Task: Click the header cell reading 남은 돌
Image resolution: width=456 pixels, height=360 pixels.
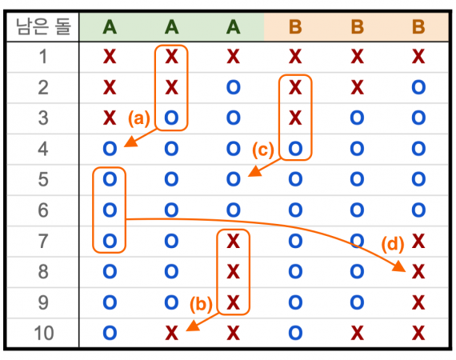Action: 43,26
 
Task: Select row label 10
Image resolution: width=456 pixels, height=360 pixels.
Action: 44,333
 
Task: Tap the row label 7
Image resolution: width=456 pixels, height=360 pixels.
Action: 43,241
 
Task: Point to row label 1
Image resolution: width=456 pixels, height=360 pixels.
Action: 43,57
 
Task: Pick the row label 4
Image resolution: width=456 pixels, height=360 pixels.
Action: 43,149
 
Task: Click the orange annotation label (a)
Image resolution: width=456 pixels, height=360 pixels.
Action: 139,118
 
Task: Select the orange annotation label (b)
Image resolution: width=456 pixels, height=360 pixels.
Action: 201,304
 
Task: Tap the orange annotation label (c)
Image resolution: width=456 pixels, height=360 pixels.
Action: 263,150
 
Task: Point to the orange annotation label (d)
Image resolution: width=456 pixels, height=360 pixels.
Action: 393,244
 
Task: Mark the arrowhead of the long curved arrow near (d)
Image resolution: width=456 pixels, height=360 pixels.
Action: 400,266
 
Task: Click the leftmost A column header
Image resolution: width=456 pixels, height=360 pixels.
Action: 110,27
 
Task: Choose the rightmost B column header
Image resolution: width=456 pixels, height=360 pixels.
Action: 418,27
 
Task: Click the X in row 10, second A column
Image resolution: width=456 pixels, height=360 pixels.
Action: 171,334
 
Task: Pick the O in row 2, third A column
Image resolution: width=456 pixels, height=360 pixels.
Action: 234,87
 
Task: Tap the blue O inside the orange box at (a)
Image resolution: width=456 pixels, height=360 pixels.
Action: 171,118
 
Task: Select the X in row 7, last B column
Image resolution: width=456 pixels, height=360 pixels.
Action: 418,242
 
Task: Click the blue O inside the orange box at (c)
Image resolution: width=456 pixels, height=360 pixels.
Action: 295,149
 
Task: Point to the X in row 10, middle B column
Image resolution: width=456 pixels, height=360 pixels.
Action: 357,334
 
